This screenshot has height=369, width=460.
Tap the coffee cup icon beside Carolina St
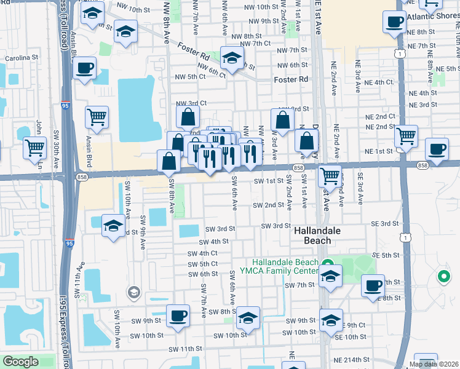pos(85,68)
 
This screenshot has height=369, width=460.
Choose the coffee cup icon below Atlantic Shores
pos(394,22)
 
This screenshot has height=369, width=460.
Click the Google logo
pos(20,362)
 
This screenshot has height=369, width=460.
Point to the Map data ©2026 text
pos(434,364)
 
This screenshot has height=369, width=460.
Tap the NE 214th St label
pos(352,359)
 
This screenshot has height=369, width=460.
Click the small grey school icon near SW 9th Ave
pos(133,292)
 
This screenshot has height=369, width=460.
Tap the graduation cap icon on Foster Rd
pos(231,59)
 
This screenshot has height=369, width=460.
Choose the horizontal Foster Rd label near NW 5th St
pos(291,80)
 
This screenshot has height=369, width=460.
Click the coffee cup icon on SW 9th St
pos(178,315)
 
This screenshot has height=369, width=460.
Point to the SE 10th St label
pos(350,337)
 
